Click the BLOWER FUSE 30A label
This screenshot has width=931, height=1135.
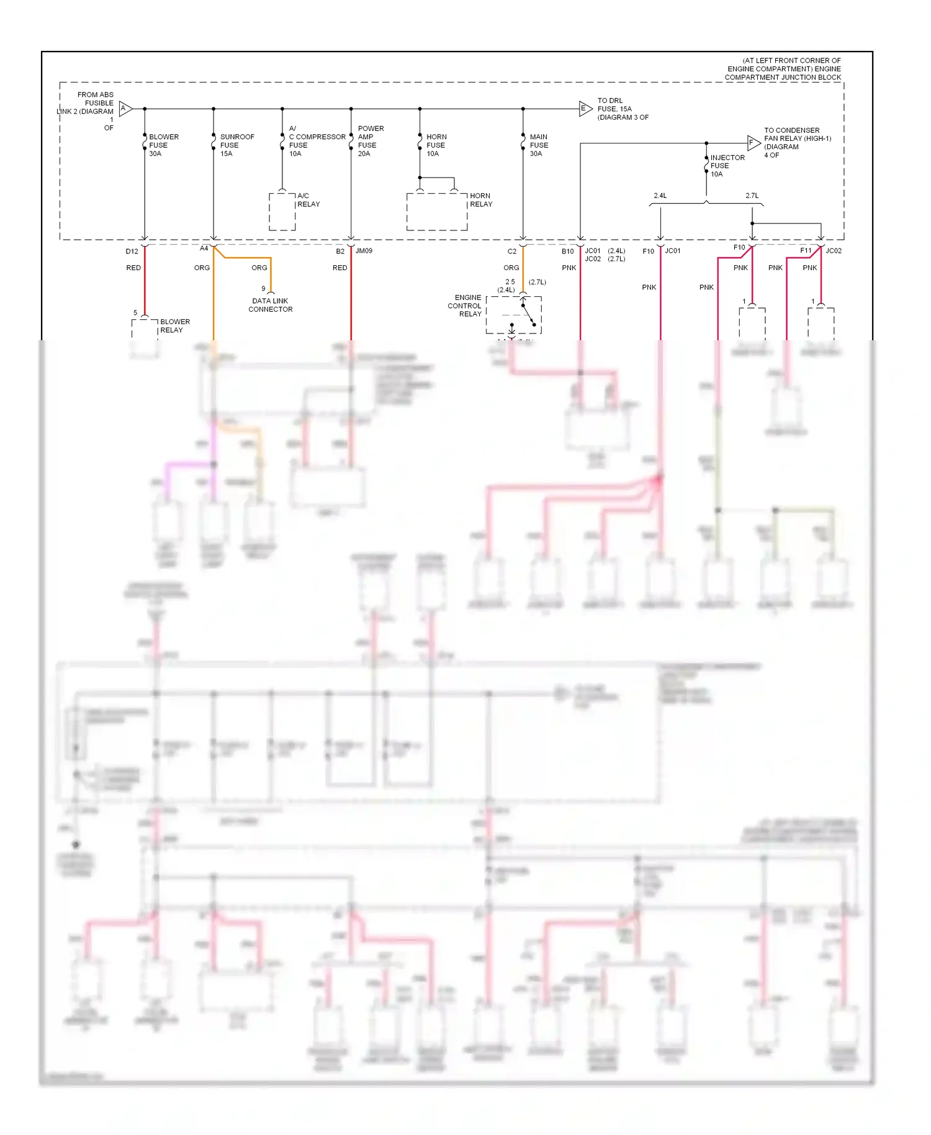coord(163,145)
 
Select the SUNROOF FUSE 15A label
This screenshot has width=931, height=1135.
coord(236,145)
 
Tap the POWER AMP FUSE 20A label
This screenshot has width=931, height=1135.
coord(371,141)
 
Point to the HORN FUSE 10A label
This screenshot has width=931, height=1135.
coord(436,145)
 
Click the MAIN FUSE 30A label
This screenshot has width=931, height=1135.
coord(538,145)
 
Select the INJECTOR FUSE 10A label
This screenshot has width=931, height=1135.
coord(727,166)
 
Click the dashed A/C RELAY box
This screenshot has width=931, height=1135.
coord(282,212)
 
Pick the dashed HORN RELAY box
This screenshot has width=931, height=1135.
coord(436,212)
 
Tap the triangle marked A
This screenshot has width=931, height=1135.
coord(125,109)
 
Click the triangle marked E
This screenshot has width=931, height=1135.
coord(585,109)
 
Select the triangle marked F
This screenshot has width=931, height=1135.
coord(753,143)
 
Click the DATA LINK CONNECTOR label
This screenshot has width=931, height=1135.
coord(270,305)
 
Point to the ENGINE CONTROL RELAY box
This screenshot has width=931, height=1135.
coord(513,315)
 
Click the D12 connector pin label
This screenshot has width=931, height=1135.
coord(132,251)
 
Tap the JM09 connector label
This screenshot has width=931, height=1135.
coord(364,251)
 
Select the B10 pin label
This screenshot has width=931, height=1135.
coord(567,251)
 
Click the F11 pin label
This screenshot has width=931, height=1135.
coord(805,251)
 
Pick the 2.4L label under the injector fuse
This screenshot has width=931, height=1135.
coord(660,196)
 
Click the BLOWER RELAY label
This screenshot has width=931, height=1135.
coord(174,326)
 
